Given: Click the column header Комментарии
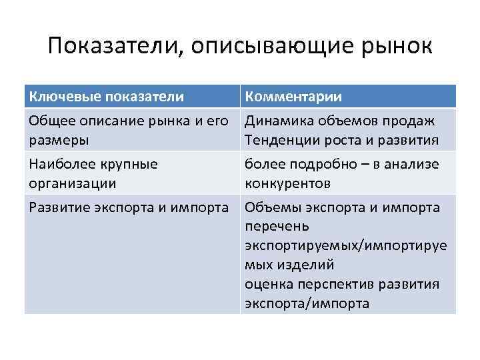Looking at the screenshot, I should coord(293,97).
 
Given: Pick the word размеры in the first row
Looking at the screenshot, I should coord(57,141).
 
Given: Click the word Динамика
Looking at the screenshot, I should coord(275,121).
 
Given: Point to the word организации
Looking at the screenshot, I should coord(72,183).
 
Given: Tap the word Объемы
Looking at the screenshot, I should coord(269,207).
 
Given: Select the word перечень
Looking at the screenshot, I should coord(274,227).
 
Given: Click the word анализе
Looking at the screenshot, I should coord(416,164).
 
